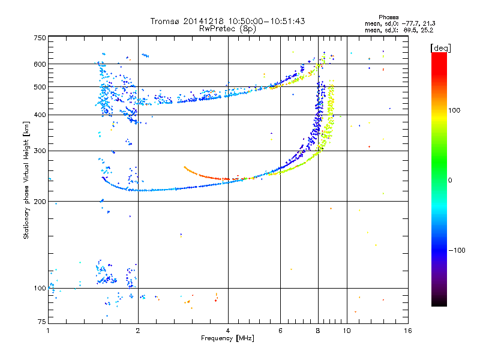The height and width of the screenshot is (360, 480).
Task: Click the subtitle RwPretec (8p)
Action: pos(227,29)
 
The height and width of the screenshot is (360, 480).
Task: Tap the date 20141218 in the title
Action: pos(203,21)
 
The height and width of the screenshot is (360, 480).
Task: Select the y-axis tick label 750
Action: pos(40,38)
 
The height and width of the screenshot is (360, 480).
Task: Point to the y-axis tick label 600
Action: pos(40,64)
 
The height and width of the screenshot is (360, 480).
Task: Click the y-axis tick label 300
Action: pos(40,151)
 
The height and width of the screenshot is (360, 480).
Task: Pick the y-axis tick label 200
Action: pos(40,202)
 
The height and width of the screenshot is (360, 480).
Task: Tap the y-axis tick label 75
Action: pos(42,322)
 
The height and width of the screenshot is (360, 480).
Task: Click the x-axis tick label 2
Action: pos(138,331)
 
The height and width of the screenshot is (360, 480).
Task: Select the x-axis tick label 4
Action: pos(228,331)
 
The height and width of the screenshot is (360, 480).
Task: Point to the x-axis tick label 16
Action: pos(408,331)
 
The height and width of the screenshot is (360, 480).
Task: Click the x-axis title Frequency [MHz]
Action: pos(227,338)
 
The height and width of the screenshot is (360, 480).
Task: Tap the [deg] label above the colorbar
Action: pos(440,48)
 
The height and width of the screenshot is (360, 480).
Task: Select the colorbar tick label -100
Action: pos(457,250)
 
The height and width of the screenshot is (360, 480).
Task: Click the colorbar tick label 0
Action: pos(449,181)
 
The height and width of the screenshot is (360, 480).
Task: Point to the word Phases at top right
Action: pos(388,17)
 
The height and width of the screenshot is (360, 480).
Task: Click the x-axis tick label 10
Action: pos(347,331)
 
